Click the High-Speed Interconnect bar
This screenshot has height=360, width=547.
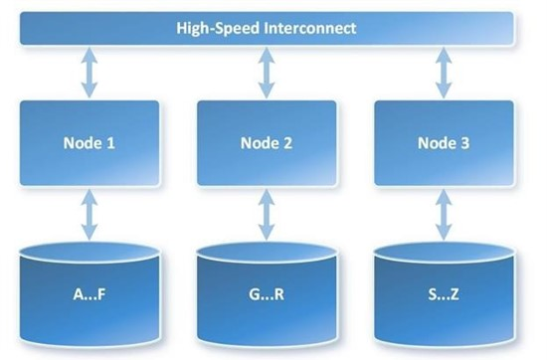[266, 29]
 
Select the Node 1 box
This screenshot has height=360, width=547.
[91, 142]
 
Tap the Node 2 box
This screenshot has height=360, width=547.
[266, 142]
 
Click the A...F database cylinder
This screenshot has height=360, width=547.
[91, 293]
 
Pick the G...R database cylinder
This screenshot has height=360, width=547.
[266, 293]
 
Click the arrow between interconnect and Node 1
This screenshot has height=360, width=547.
[91, 75]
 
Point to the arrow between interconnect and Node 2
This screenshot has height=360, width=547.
[266, 75]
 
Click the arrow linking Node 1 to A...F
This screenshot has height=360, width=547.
[91, 215]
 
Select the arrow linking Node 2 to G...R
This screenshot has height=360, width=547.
[266, 215]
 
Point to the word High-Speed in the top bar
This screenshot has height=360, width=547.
[215, 29]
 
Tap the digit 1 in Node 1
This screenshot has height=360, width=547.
[111, 143]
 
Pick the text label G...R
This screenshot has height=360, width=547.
[266, 294]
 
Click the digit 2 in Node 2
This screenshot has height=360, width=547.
[287, 143]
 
